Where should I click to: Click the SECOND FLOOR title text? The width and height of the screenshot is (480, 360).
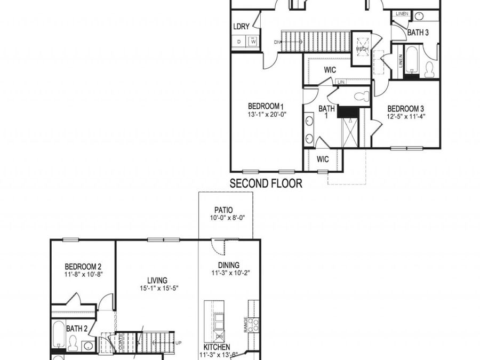coord(266,184)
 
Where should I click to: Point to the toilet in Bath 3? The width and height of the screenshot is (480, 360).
coord(429,69)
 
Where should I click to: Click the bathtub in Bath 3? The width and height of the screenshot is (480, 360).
coord(412,60)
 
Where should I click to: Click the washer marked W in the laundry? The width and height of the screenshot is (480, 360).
coord(253,42)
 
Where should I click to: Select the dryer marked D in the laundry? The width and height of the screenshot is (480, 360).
coord(239,42)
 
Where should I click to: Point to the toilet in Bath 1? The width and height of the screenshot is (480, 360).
coord(361,97)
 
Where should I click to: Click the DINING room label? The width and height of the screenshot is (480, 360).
coord(229,265)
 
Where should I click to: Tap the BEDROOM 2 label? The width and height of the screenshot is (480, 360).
coord(83,266)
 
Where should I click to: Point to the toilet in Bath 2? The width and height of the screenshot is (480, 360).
coord(73,345)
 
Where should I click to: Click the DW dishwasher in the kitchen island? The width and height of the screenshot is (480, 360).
coord(219,337)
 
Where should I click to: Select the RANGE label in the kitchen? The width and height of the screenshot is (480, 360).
coord(245,325)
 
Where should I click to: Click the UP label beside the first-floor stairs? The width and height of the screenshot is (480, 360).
coord(178,342)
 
